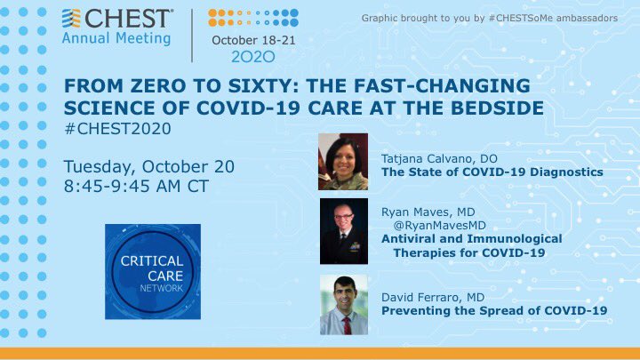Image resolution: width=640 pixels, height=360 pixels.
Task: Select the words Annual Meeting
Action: [116, 38]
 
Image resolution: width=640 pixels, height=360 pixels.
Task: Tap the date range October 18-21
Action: [253, 40]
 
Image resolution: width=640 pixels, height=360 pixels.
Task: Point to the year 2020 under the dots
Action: [253, 57]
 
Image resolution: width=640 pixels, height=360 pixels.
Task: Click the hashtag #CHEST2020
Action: [117, 129]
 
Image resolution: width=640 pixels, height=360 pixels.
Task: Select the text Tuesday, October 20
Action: [149, 167]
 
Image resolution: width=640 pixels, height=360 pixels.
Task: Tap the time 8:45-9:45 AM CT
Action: [136, 186]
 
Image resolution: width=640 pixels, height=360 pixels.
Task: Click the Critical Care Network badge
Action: [153, 271]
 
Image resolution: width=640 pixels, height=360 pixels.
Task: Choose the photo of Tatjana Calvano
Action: [343, 162]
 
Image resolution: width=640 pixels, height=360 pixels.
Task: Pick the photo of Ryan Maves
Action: [344, 231]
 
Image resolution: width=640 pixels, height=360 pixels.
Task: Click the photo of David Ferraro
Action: [344, 305]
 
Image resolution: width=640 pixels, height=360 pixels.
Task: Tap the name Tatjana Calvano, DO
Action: [439, 159]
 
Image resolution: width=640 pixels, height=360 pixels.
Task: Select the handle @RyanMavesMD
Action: [440, 225]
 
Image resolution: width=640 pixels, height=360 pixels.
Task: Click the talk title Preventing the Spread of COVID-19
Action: [494, 310]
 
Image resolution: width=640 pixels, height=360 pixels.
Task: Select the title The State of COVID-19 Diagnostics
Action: [492, 172]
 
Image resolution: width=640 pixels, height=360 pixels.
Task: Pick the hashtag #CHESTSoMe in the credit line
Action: [520, 18]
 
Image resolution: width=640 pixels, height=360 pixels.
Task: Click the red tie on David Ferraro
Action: [347, 325]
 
